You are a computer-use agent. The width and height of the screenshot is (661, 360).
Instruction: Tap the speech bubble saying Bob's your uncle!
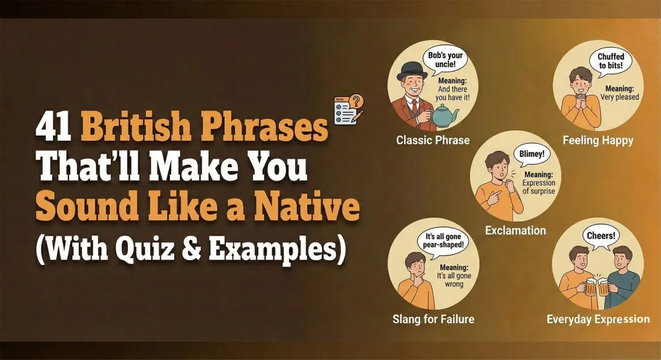446,61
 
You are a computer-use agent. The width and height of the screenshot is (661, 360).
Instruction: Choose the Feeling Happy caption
598,140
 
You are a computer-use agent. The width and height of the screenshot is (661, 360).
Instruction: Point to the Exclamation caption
515,230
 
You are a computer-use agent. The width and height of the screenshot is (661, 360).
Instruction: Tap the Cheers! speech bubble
599,236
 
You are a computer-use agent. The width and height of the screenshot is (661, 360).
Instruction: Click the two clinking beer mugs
597,286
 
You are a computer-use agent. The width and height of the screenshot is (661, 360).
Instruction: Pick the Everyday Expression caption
598,319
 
